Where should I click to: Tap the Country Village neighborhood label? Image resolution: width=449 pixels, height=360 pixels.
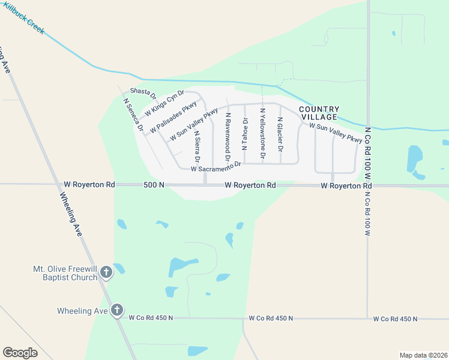319,113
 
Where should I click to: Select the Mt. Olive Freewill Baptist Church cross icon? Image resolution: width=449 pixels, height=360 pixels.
106,272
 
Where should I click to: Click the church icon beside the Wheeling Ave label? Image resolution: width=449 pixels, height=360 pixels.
117,311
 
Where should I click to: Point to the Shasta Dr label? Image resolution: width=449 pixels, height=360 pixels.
143,94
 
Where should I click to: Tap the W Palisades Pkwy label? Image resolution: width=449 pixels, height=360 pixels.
173,117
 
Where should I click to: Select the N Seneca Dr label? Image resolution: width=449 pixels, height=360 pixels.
133,114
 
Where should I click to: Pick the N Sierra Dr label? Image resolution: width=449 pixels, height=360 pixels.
197,146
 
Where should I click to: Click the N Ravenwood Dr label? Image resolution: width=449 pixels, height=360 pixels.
228,136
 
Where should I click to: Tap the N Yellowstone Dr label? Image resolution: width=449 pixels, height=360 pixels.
262,133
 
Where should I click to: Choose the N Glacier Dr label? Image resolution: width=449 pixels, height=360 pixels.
280,134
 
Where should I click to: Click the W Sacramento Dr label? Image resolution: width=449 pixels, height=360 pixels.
215,167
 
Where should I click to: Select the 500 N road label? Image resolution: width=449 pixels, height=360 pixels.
154,185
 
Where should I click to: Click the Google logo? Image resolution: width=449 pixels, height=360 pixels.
20,353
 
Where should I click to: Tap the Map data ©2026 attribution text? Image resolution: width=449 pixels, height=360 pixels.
423,355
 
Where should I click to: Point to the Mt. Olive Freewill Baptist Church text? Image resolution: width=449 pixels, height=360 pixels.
67,273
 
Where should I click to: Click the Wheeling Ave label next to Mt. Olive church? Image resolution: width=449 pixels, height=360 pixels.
83,311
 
